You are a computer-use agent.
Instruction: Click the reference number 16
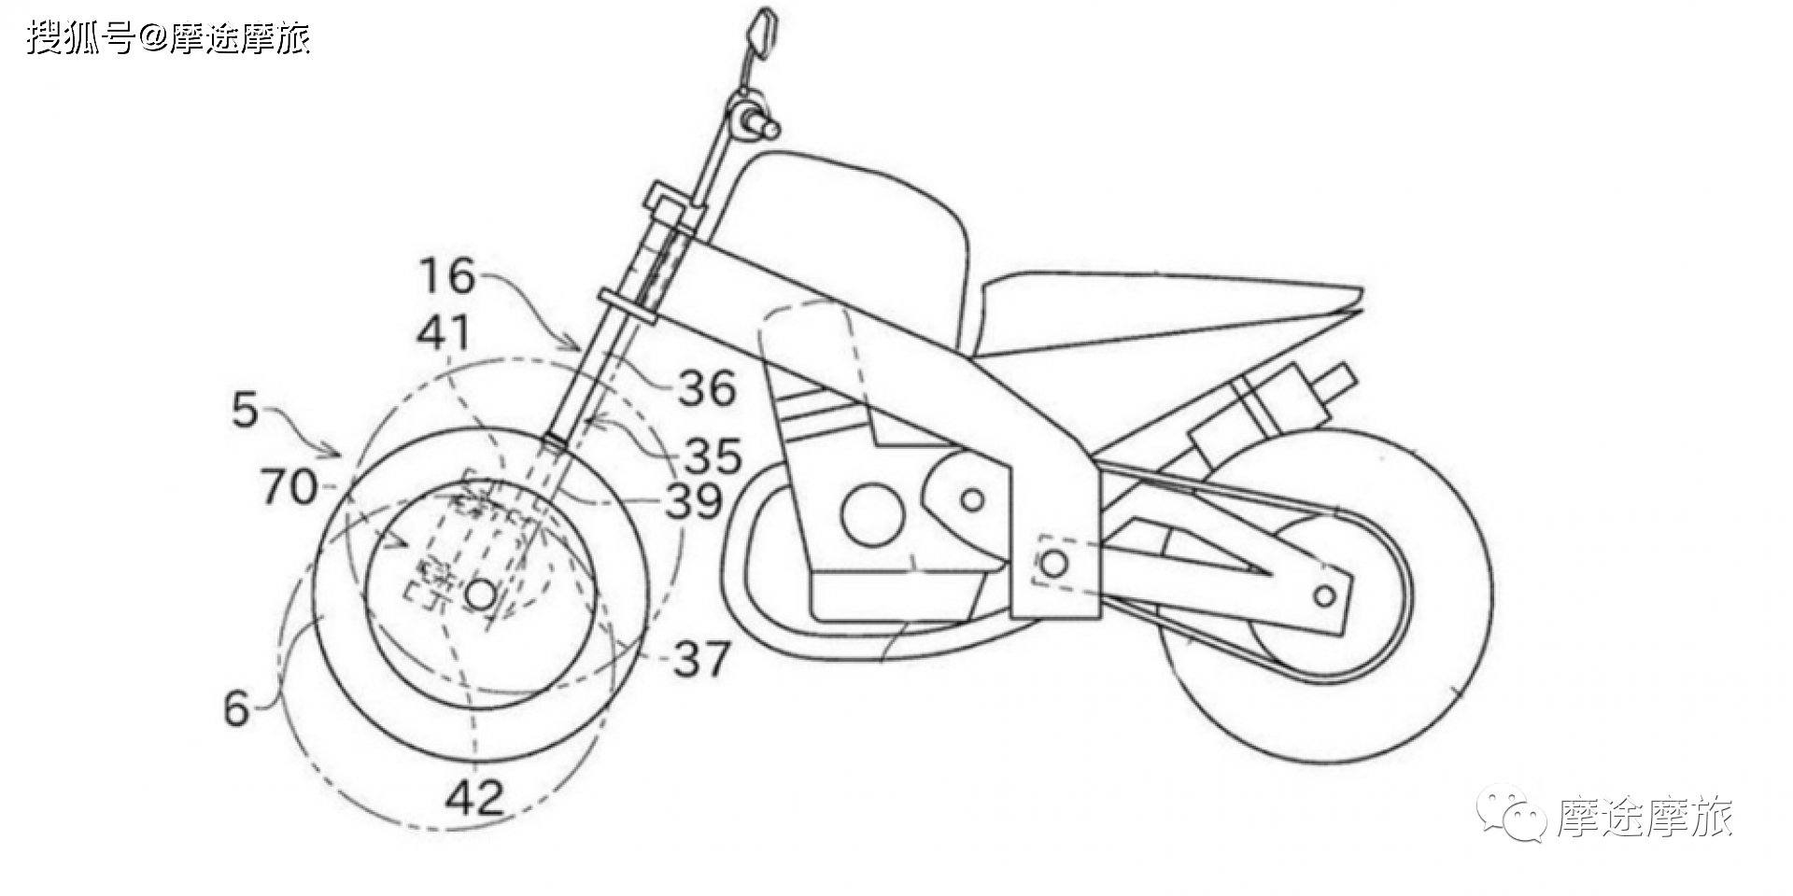pyautogui.click(x=447, y=275)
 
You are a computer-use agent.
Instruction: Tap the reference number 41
pyautogui.click(x=443, y=332)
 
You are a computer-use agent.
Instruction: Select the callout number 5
pyautogui.click(x=245, y=410)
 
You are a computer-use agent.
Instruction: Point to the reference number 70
pyautogui.click(x=289, y=487)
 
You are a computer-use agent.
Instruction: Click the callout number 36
pyautogui.click(x=707, y=388)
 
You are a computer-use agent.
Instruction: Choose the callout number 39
pyautogui.click(x=693, y=502)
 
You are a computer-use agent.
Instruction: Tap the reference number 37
pyautogui.click(x=700, y=660)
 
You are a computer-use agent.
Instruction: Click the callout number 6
pyautogui.click(x=236, y=709)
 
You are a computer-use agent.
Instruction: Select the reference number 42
pyautogui.click(x=475, y=796)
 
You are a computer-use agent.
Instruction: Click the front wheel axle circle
pyautogui.click(x=479, y=595)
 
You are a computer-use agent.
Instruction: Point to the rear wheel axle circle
pyautogui.click(x=1323, y=595)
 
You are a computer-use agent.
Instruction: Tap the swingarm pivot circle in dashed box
pyautogui.click(x=1052, y=563)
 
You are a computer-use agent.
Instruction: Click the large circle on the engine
pyautogui.click(x=872, y=512)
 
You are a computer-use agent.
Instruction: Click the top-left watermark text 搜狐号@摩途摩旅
pyautogui.click(x=168, y=38)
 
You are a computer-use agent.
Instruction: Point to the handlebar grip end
pyautogui.click(x=773, y=121)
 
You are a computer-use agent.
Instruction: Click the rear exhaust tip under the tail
pyautogui.click(x=1337, y=378)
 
